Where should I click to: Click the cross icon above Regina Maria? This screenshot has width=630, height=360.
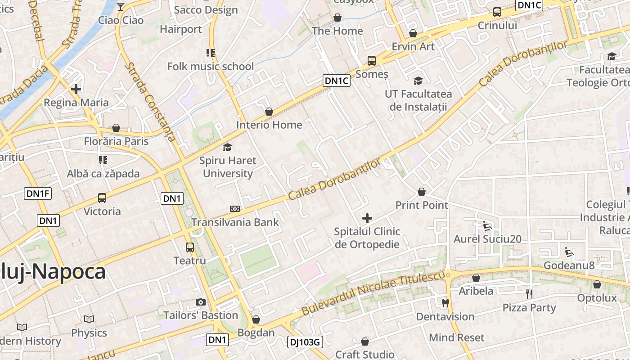76,89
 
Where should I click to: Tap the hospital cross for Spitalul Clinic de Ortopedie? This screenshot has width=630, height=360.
367,218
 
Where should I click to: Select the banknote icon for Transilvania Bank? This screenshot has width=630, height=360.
235,209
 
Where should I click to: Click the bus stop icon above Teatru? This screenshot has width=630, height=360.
190,247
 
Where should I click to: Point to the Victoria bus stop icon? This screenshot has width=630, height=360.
102,198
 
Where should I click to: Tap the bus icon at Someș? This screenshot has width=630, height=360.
372,60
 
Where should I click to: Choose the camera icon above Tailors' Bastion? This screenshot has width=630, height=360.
201,302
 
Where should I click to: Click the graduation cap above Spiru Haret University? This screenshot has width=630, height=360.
228,147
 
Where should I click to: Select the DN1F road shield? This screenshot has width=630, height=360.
38,193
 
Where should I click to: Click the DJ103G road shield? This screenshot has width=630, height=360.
304,342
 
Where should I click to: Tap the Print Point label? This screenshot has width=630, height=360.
422,205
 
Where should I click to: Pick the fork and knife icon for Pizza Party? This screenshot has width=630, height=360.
529,294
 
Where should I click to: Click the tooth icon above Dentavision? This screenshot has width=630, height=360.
445,303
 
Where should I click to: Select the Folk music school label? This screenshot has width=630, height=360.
211,67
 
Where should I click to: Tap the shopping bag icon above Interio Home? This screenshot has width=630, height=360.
269,111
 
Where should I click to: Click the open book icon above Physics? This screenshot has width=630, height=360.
89,319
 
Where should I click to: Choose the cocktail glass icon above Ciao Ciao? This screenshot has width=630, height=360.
121,6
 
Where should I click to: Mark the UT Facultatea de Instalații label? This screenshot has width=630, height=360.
418,100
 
